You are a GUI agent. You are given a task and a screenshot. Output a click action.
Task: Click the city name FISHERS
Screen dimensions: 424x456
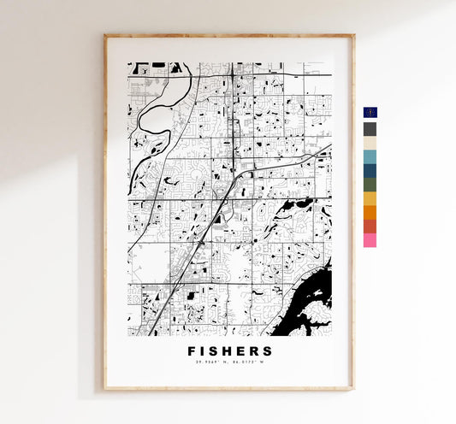[229, 351]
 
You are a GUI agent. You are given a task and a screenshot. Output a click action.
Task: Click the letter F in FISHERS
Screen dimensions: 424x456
[191, 351]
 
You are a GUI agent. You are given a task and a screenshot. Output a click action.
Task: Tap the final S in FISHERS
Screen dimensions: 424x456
[269, 351]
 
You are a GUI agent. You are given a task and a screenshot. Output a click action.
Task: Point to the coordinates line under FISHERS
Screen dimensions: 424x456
[229, 365]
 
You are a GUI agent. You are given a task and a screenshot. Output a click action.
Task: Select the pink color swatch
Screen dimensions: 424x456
[370, 240]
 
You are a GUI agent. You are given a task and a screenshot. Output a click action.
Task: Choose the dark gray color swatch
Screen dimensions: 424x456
[370, 129]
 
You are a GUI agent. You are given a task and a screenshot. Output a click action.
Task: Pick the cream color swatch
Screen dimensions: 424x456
[370, 143]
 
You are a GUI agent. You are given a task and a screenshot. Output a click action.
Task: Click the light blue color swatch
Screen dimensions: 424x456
[370, 156]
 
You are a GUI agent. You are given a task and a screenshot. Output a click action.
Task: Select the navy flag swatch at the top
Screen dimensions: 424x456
[370, 114]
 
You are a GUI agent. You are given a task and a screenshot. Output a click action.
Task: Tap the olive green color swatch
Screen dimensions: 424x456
[370, 184]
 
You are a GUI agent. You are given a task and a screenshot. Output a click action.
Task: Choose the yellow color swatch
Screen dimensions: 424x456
[370, 198]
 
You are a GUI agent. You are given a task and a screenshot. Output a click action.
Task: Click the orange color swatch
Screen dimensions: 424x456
[370, 212]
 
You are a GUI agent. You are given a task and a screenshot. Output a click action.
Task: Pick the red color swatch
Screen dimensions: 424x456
[370, 226]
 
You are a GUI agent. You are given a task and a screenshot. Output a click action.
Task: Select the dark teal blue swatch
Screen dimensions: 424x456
[370, 170]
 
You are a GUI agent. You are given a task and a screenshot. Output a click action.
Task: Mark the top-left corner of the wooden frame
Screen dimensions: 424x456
[105, 36]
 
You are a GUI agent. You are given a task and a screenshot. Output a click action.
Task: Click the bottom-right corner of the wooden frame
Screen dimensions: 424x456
[352, 389]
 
